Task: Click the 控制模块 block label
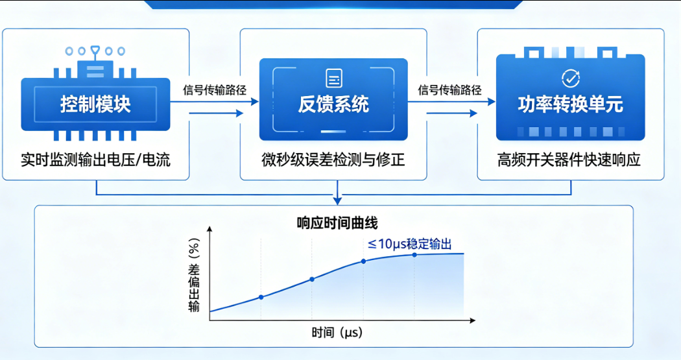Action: click(95, 104)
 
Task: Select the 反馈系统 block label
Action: click(333, 104)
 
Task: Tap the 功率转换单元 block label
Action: click(570, 104)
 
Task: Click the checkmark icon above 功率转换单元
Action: click(570, 78)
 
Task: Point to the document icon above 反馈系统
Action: click(334, 78)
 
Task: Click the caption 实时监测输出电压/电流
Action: click(96, 160)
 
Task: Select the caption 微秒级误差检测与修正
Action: click(333, 160)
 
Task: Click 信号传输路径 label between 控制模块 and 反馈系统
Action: click(215, 90)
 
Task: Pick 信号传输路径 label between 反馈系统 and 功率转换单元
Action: click(450, 90)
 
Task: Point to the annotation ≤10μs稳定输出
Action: click(410, 244)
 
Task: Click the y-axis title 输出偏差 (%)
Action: click(193, 273)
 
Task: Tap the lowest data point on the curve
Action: click(261, 297)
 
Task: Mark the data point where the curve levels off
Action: click(414, 255)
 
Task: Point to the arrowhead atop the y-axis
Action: click(209, 230)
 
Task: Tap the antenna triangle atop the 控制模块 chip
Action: click(95, 49)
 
